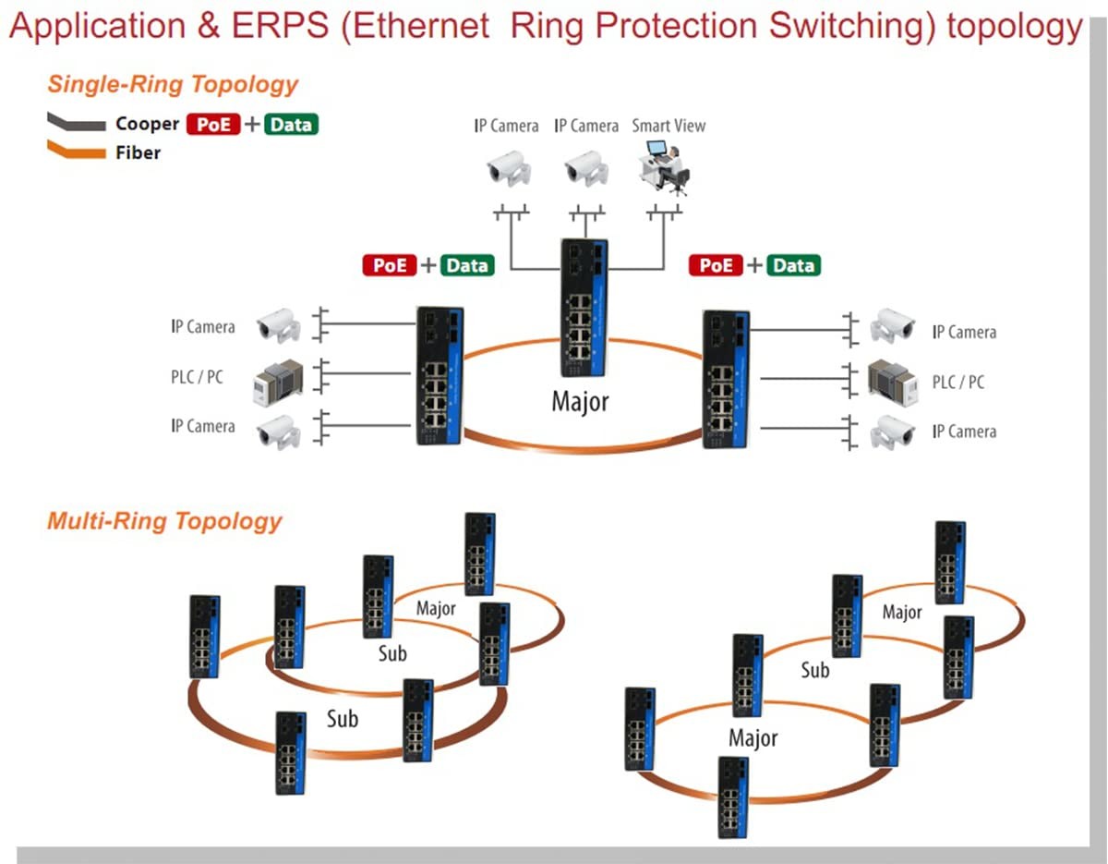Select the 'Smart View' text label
[668, 126]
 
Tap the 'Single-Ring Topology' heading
[173, 84]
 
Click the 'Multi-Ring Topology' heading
[164, 521]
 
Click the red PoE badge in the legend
[212, 124]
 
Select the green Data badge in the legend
[291, 124]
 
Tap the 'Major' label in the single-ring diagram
[580, 402]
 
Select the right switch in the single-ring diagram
[726, 379]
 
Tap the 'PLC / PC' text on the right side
[957, 382]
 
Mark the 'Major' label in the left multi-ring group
[436, 609]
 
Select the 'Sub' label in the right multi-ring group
[814, 670]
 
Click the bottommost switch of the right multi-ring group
[733, 797]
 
